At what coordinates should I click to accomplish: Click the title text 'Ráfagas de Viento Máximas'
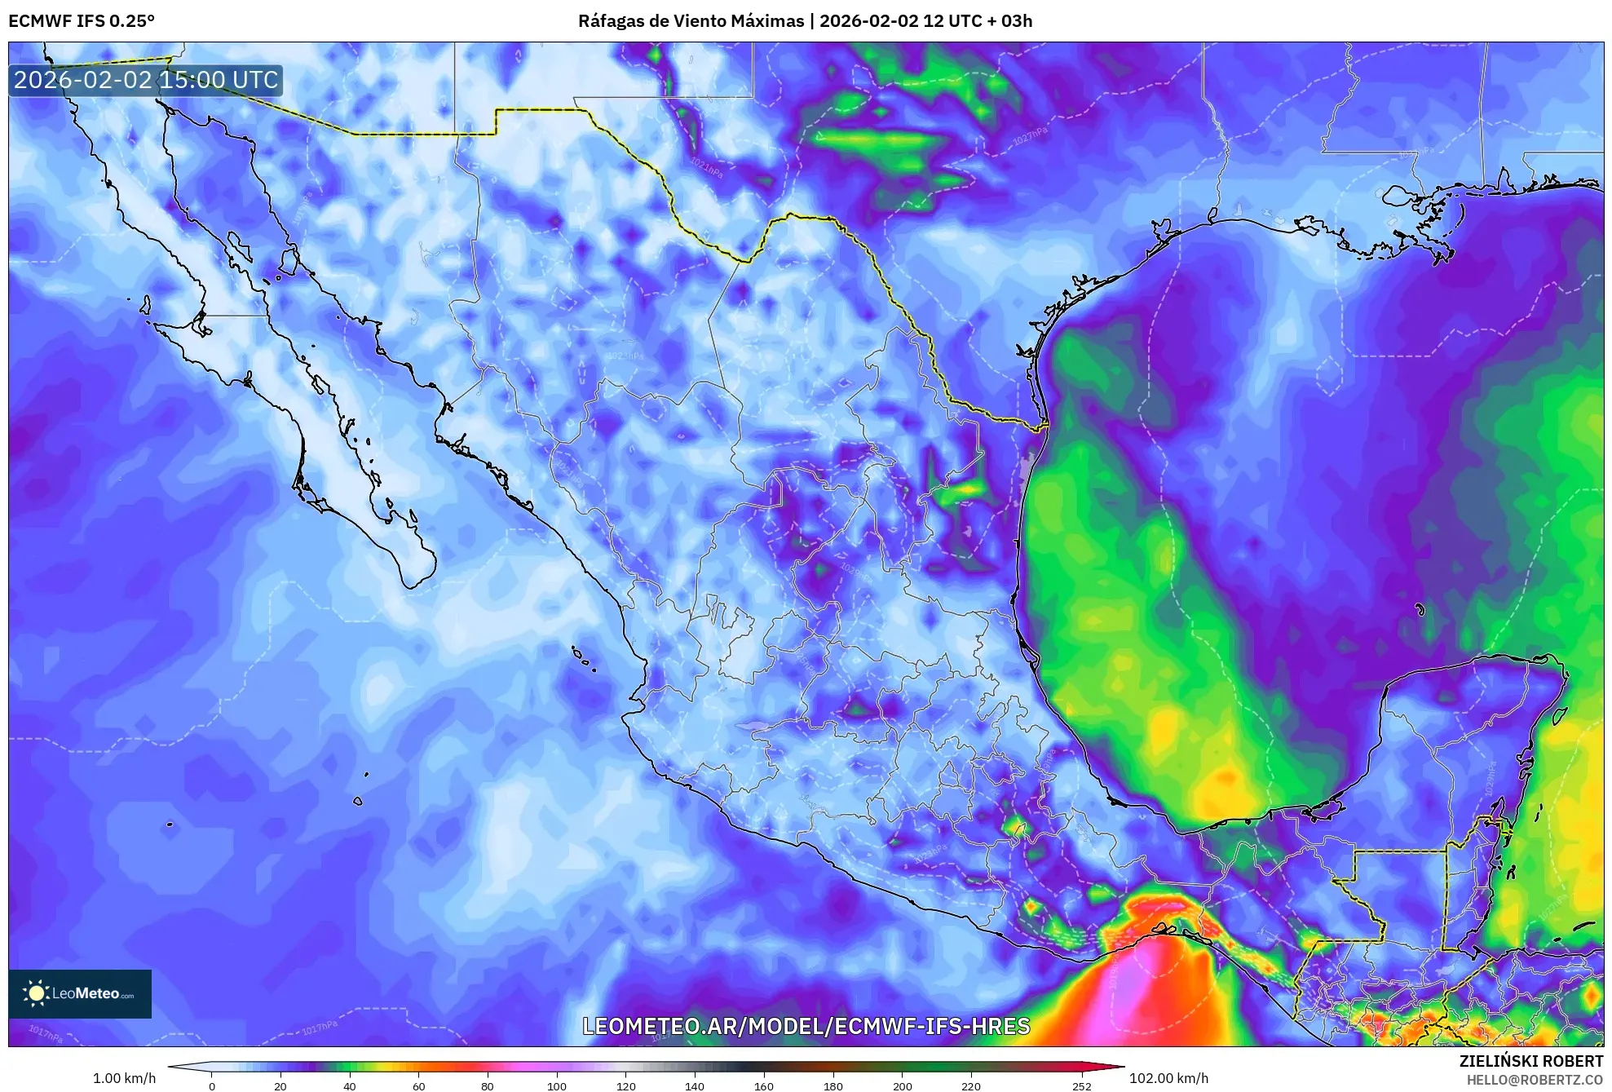[x=691, y=21]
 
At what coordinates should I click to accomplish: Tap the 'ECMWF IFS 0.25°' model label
[x=82, y=21]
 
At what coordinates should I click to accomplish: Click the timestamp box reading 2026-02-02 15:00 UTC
[x=146, y=80]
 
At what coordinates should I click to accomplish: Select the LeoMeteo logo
[x=80, y=993]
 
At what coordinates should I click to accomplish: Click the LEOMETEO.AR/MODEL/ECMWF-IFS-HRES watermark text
[x=806, y=1026]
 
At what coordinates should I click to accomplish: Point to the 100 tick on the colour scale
[x=557, y=1085]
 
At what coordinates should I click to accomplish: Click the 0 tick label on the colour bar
[x=212, y=1085]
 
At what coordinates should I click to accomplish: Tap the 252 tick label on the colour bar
[x=1081, y=1085]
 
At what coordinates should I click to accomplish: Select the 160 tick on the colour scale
[x=764, y=1085]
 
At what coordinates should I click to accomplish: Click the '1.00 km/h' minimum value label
[x=124, y=1078]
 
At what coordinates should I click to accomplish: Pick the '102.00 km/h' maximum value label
[x=1168, y=1078]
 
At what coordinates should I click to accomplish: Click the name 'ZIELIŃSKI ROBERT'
[x=1530, y=1061]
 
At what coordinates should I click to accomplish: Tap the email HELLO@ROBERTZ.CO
[x=1535, y=1080]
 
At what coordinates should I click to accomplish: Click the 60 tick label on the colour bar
[x=418, y=1085]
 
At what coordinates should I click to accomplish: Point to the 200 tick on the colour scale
[x=903, y=1085]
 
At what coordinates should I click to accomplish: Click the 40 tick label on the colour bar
[x=350, y=1085]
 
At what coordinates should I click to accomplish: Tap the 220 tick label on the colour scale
[x=971, y=1085]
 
